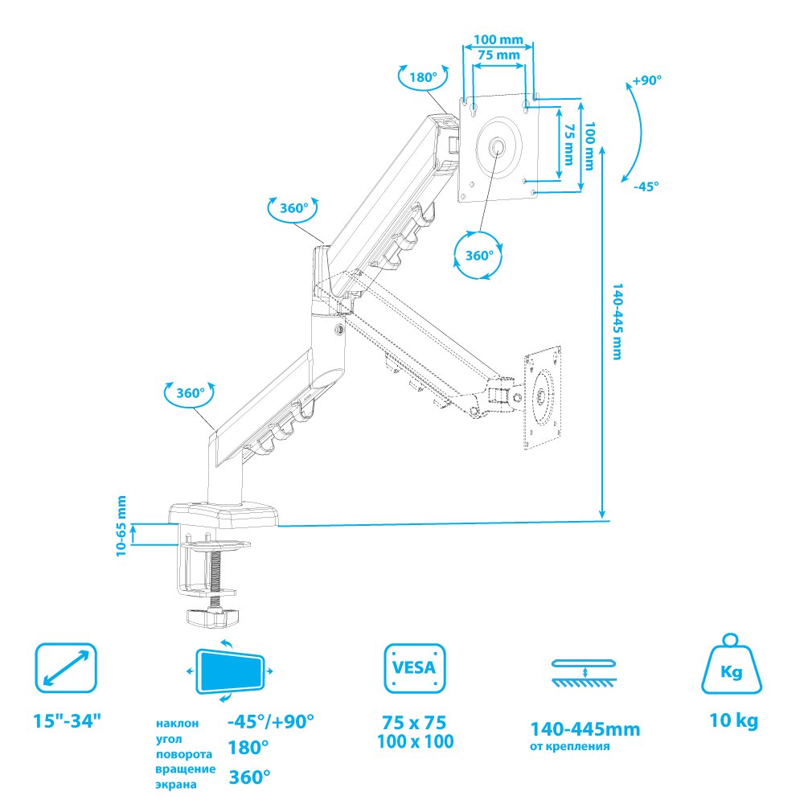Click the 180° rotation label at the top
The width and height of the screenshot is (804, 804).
click(x=423, y=78)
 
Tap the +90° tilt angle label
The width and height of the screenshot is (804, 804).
click(x=646, y=80)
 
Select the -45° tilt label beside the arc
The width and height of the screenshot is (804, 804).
click(x=646, y=186)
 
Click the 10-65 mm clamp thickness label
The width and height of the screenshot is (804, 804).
click(x=121, y=527)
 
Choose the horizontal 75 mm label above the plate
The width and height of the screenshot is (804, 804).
click(x=498, y=55)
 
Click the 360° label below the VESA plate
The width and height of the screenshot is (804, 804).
click(x=479, y=256)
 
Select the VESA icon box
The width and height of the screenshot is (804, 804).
click(x=415, y=668)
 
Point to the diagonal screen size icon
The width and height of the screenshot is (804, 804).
click(x=66, y=668)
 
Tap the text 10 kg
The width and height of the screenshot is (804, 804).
click(x=733, y=721)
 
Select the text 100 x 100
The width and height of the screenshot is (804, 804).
click(x=415, y=741)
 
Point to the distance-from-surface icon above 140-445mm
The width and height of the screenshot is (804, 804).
click(x=585, y=673)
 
